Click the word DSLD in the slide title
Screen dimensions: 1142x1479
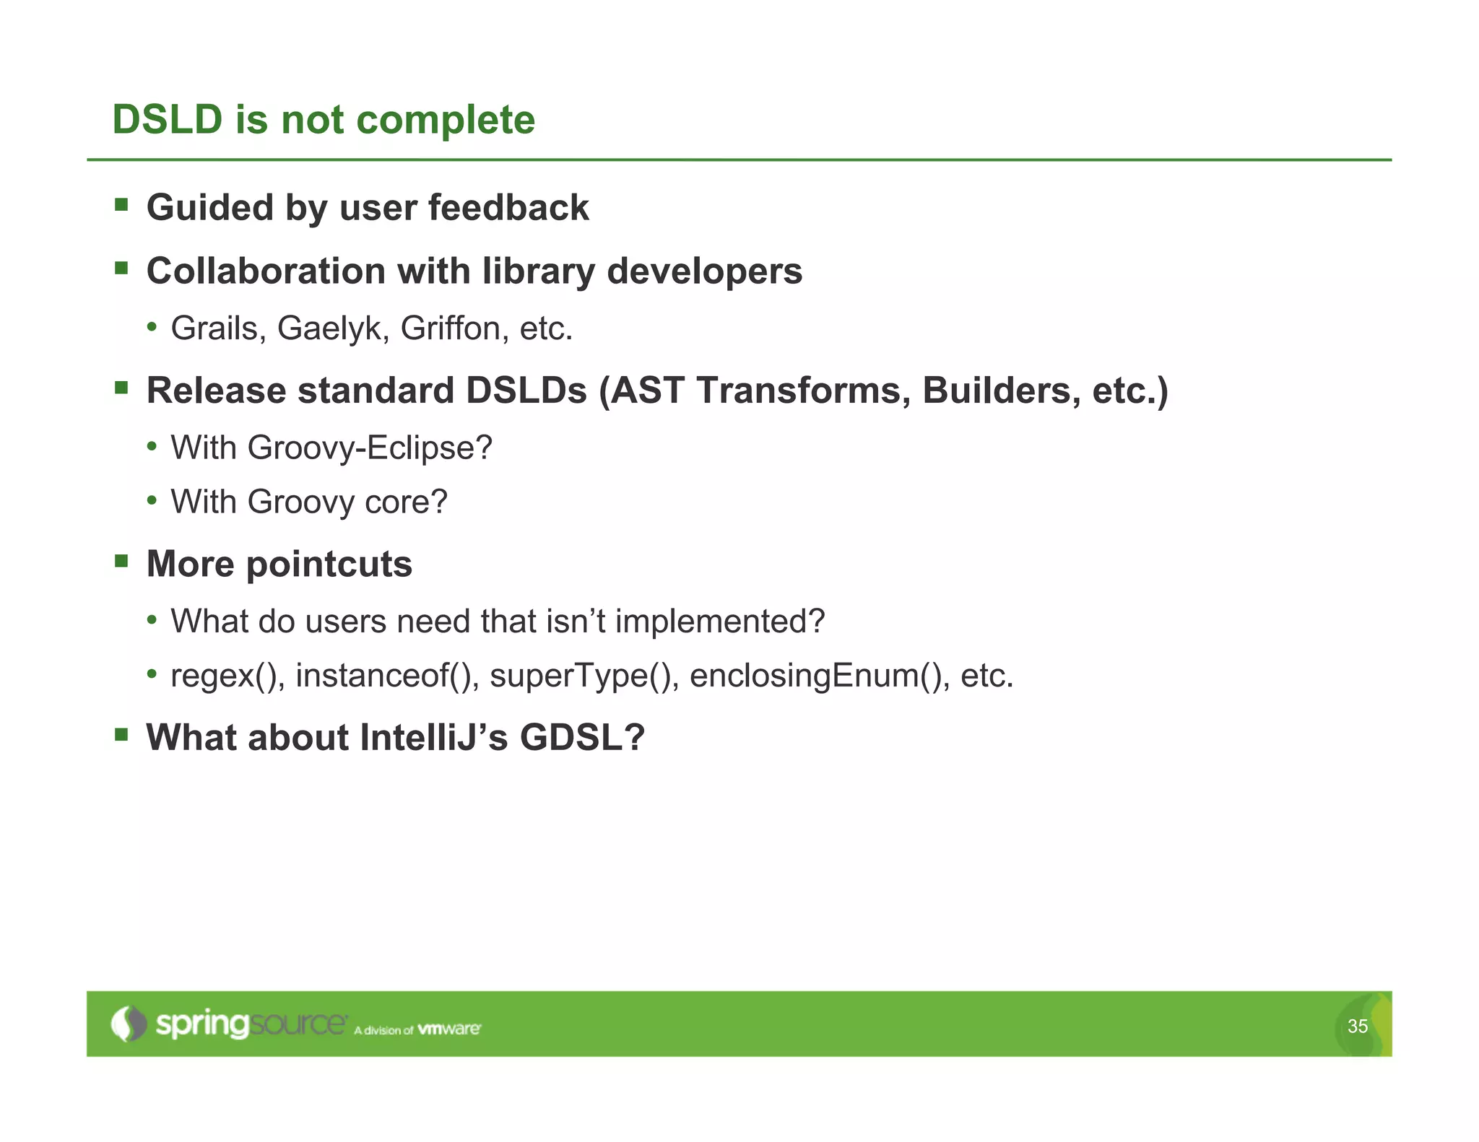tap(168, 119)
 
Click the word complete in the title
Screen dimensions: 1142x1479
tap(446, 121)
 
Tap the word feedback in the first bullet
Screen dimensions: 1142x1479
tap(508, 208)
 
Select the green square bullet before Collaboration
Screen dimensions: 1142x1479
tap(121, 269)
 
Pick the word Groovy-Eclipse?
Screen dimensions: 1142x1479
tap(370, 448)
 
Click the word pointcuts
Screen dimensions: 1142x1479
tap(329, 565)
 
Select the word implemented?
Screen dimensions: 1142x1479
tap(720, 622)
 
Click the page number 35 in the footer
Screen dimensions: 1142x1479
tap(1357, 1026)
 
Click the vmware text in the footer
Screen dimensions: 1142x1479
tap(448, 1029)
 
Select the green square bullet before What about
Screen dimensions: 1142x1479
tap(121, 735)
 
